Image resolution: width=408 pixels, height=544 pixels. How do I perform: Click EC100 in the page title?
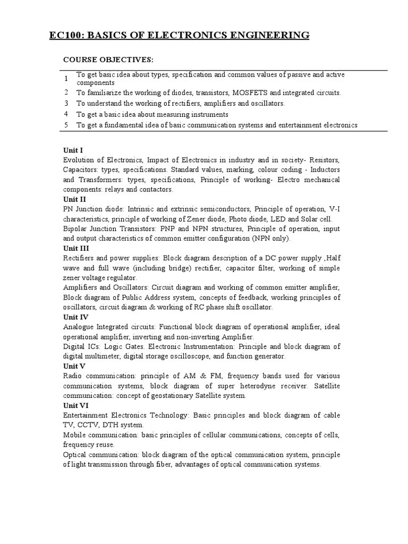coord(65,36)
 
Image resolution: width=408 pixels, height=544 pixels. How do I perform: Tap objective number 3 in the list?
coord(66,103)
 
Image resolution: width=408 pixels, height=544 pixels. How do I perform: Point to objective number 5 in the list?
coord(66,125)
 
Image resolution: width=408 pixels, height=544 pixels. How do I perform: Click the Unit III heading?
coord(76,248)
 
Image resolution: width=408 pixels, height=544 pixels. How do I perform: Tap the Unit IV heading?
coord(75,317)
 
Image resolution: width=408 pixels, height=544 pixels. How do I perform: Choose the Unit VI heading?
coord(75,405)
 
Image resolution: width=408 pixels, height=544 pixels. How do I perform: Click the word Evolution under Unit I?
coord(79,160)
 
